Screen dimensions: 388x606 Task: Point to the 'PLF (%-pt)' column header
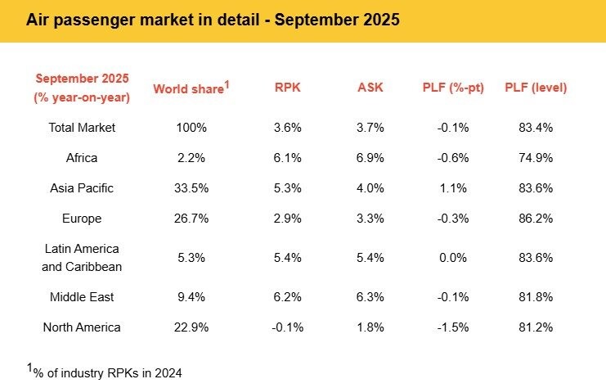[452, 88]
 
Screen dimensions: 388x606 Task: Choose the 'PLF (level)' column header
[536, 88]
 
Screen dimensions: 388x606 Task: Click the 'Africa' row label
[82, 157]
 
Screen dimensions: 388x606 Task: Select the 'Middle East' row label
[82, 296]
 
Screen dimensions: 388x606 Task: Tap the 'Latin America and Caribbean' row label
[82, 257]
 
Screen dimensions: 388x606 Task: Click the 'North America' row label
[82, 327]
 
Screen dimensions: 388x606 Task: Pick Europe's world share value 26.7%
[192, 219]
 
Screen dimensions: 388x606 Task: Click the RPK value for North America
[288, 327]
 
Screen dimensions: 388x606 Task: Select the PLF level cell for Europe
[536, 219]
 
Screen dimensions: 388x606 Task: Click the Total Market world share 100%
[192, 127]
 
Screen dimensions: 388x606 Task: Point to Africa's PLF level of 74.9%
[536, 157]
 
